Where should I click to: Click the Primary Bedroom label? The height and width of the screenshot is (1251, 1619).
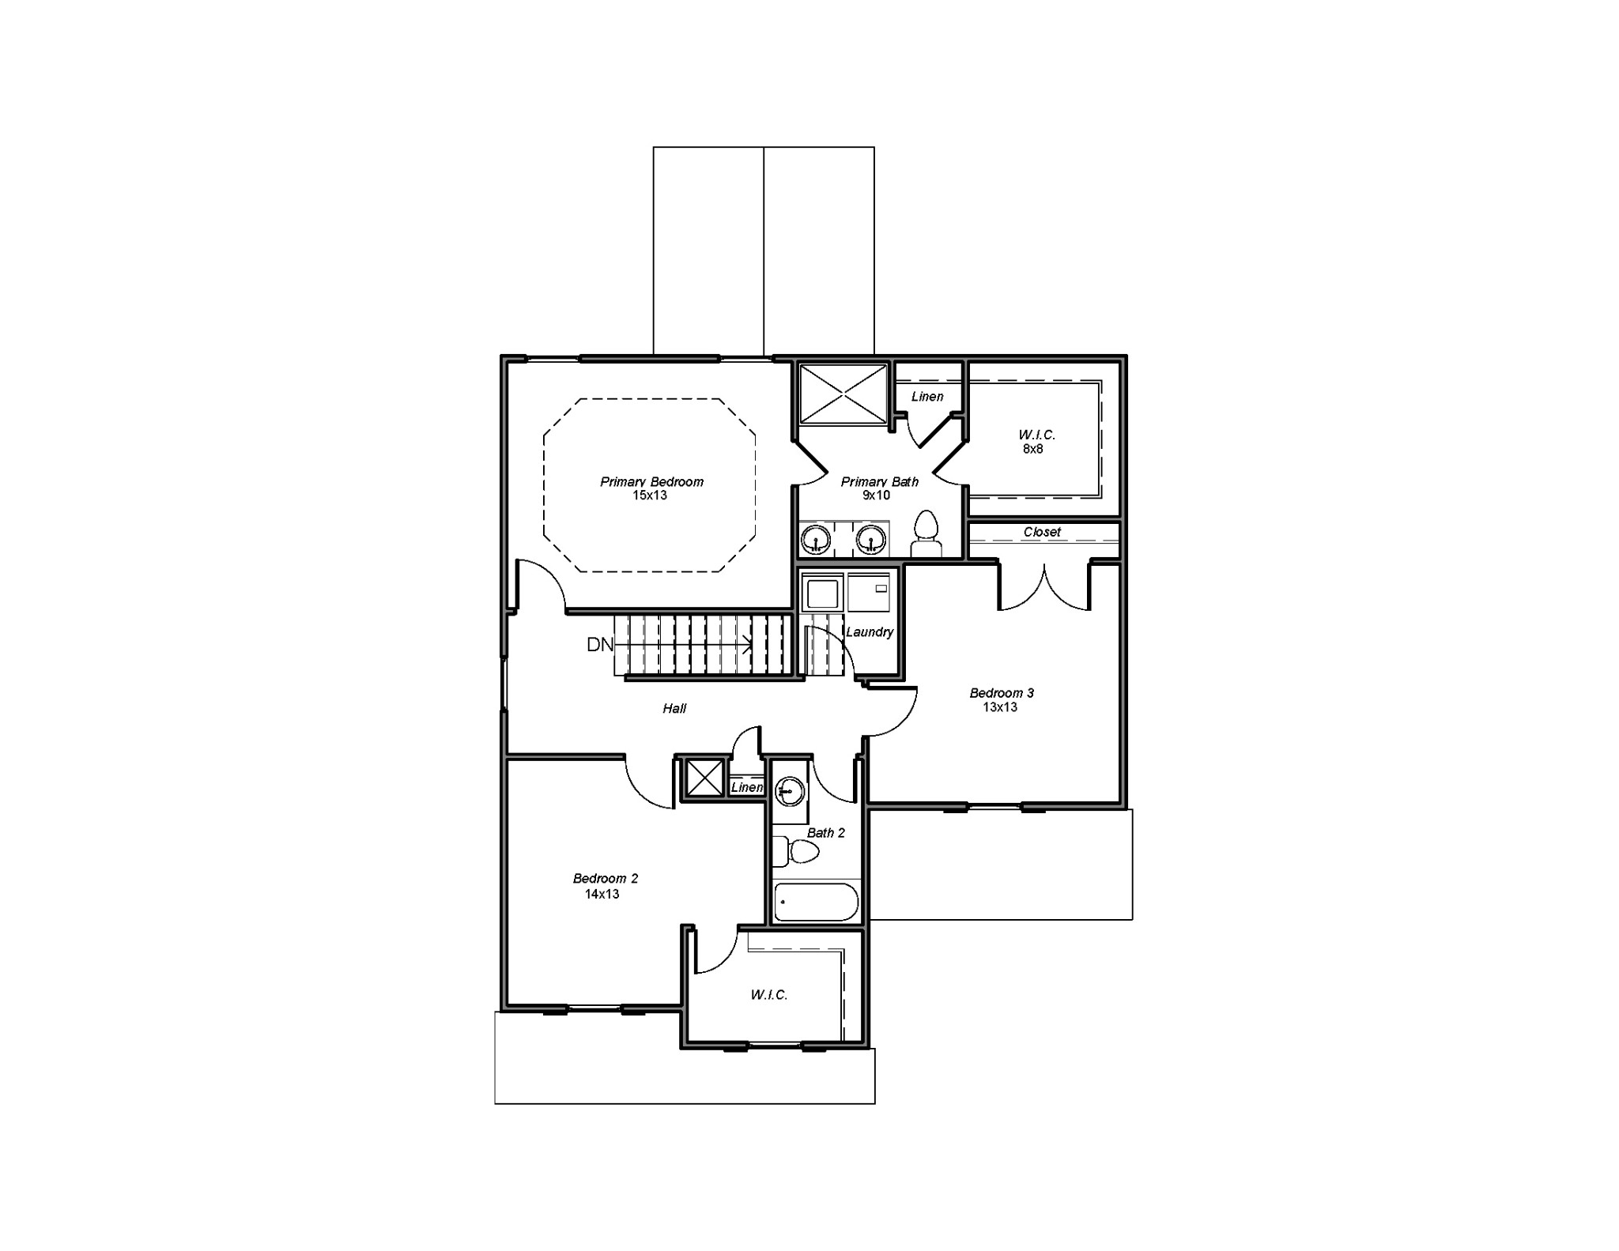[x=651, y=481]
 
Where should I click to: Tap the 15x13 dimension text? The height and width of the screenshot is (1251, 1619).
[x=650, y=496]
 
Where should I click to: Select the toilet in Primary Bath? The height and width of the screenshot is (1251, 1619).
[x=925, y=534]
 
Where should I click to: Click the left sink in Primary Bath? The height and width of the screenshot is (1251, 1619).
[x=814, y=540]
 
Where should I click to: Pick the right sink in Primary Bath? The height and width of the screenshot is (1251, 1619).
[x=870, y=540]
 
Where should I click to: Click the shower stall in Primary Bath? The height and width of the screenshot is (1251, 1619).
[x=843, y=394]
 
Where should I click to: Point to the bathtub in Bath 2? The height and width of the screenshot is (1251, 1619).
[x=816, y=902]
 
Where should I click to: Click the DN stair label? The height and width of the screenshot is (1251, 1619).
[x=600, y=645]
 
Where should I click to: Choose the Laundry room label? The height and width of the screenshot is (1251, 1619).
[x=870, y=631]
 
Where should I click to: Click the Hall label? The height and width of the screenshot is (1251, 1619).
[x=674, y=709]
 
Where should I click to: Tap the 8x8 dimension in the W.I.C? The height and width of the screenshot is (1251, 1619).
[x=1032, y=449]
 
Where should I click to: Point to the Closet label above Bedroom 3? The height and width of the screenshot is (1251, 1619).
[x=1042, y=532]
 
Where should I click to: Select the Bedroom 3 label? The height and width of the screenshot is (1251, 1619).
[x=1002, y=693]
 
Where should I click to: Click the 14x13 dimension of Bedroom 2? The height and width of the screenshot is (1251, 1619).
[x=602, y=894]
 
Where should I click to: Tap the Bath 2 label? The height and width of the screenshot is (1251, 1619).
[x=826, y=833]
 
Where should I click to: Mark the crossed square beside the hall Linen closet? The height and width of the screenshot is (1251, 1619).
[x=704, y=778]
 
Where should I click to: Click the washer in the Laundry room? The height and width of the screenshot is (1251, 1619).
[x=821, y=593]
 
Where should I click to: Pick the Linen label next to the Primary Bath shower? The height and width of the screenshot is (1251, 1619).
[x=927, y=397]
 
